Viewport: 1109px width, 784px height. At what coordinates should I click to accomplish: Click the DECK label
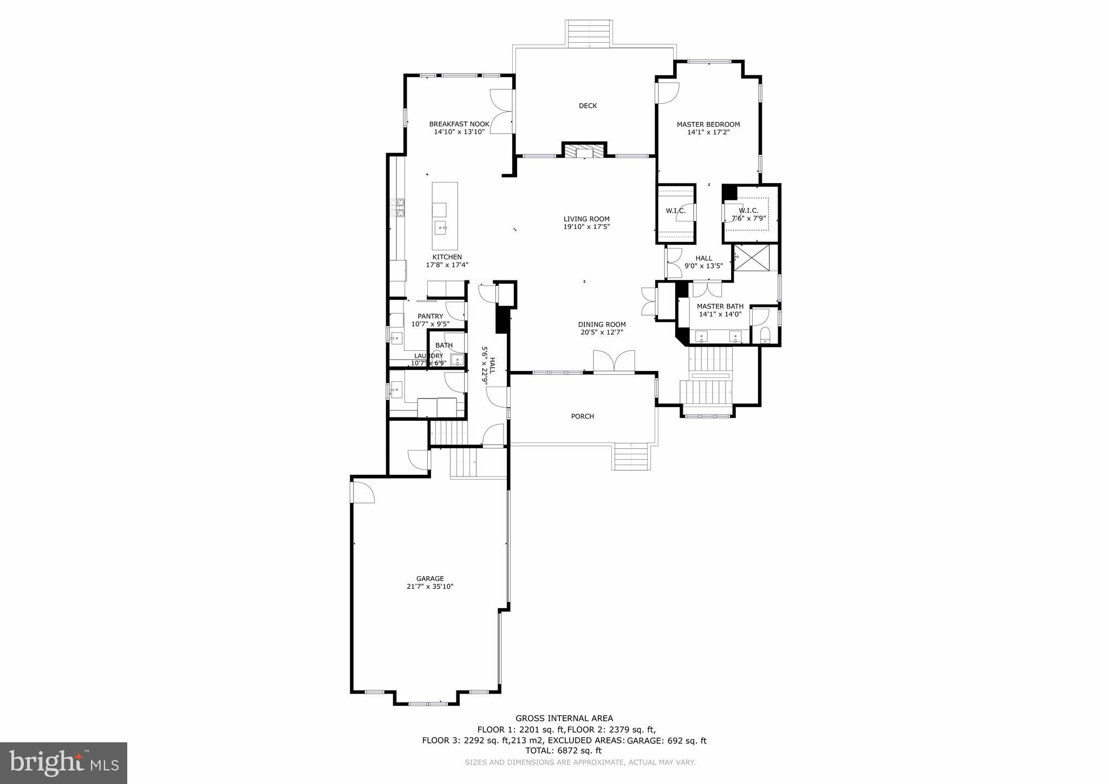pyautogui.click(x=588, y=106)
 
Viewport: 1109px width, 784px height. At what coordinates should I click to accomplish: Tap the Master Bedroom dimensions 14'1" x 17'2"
pyautogui.click(x=708, y=132)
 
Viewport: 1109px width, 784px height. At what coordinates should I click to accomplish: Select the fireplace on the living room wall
pyautogui.click(x=584, y=151)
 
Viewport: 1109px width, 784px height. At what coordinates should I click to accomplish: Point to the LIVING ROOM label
pyautogui.click(x=586, y=219)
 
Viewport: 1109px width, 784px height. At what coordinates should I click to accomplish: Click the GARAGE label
pyautogui.click(x=430, y=578)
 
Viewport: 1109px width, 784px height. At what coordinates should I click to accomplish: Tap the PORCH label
pyautogui.click(x=582, y=416)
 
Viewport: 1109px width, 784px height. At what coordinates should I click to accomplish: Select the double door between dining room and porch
pyautogui.click(x=614, y=362)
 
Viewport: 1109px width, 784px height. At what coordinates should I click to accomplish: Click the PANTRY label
pyautogui.click(x=430, y=316)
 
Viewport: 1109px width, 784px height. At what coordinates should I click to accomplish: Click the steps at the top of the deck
pyautogui.click(x=589, y=34)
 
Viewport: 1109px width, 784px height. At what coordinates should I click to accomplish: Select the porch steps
pyautogui.click(x=631, y=456)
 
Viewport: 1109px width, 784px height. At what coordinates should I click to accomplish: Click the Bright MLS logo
pyautogui.click(x=63, y=763)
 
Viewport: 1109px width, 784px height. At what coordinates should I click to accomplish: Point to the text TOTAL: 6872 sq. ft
pyautogui.click(x=563, y=751)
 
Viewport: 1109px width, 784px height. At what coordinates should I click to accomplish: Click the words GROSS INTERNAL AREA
pyautogui.click(x=564, y=718)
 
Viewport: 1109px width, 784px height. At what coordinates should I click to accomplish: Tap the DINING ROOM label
pyautogui.click(x=601, y=324)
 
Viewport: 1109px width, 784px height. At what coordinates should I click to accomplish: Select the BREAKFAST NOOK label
pyautogui.click(x=459, y=124)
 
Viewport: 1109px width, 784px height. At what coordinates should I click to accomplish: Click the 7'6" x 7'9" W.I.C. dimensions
pyautogui.click(x=748, y=218)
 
